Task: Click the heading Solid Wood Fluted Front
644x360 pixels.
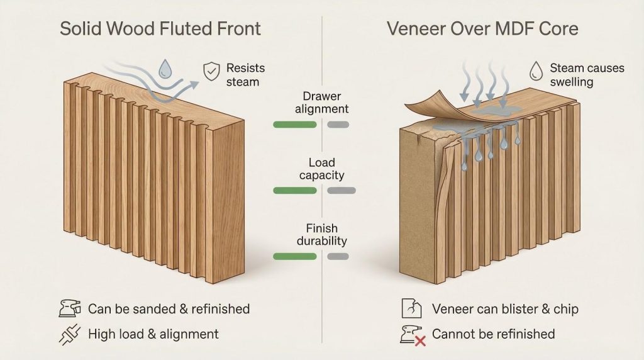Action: click(x=160, y=29)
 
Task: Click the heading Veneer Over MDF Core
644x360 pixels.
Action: click(x=484, y=29)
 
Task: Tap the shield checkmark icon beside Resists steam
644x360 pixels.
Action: click(x=211, y=72)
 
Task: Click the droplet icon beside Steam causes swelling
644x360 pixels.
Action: click(x=536, y=69)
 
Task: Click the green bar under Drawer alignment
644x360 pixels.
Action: click(x=294, y=124)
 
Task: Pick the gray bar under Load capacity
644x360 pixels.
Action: click(x=341, y=190)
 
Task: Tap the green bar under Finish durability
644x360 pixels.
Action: click(x=294, y=256)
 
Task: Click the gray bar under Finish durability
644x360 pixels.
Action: click(x=338, y=256)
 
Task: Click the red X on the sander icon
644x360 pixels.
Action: click(x=420, y=340)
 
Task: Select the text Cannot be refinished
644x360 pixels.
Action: click(x=494, y=334)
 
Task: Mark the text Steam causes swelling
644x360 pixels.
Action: click(x=587, y=75)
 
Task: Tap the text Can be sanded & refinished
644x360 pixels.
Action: click(x=169, y=309)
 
